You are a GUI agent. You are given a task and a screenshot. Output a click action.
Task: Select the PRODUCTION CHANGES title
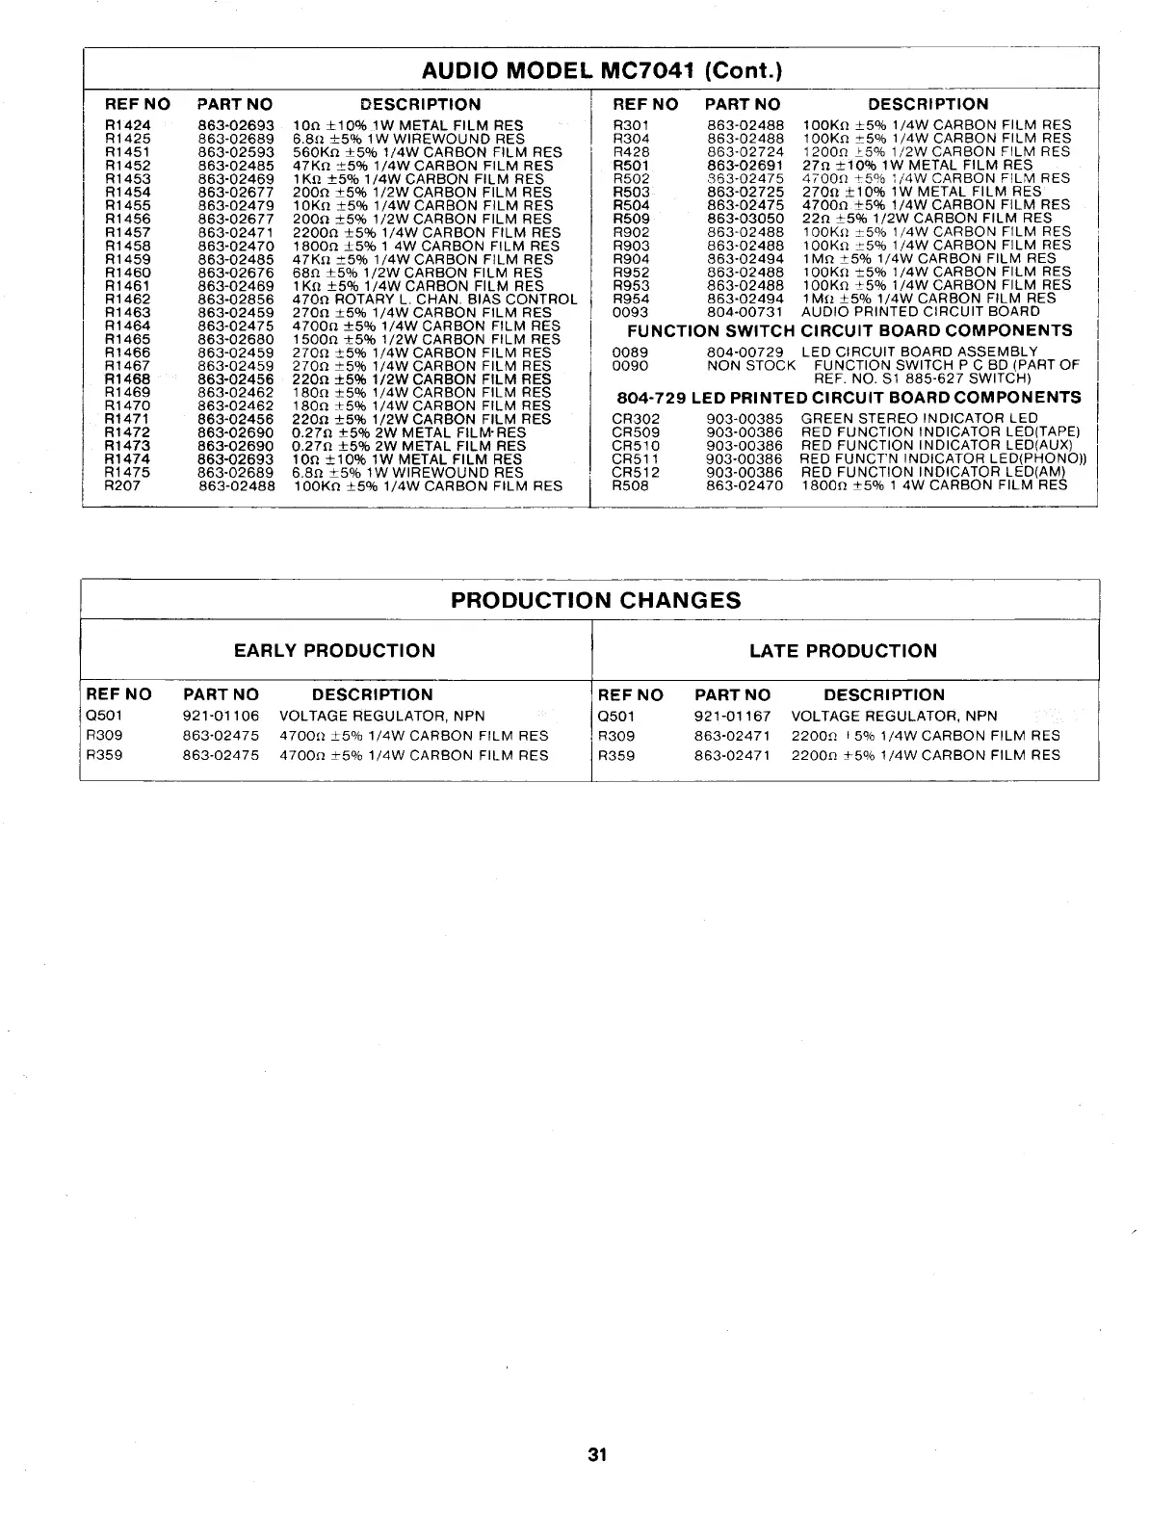coord(596,601)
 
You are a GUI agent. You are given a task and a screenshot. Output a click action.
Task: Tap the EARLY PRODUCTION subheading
coord(334,651)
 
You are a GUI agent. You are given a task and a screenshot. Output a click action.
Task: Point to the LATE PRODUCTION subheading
coord(843,651)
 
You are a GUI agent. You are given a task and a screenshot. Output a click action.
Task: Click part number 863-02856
coord(236,300)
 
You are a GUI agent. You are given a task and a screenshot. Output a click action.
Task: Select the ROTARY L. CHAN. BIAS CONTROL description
coord(434,300)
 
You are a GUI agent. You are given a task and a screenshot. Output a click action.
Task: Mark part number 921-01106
coord(221,717)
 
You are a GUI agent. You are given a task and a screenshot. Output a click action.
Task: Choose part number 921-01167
coord(732,717)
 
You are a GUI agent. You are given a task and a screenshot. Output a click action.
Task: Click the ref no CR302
coord(636,419)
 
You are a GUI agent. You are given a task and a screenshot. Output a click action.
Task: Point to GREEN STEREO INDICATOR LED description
coord(920,419)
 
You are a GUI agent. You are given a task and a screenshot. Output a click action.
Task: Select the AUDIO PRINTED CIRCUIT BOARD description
coord(920,312)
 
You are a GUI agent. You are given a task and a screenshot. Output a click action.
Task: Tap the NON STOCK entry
coord(751,365)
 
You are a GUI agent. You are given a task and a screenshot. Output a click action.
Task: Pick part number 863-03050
coord(745,219)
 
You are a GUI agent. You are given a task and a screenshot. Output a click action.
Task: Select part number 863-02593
coord(236,152)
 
